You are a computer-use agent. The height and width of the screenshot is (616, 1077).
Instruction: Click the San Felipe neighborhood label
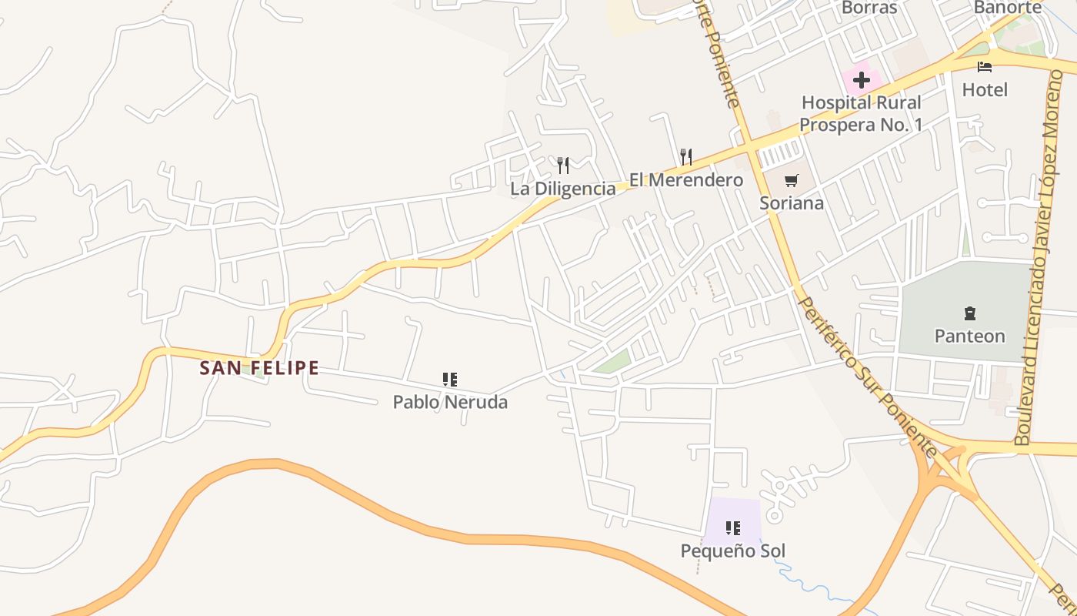[x=259, y=368]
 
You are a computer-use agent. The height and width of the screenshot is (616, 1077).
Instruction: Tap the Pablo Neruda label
[x=450, y=402]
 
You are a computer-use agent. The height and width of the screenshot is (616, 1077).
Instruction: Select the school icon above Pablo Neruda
[x=450, y=379]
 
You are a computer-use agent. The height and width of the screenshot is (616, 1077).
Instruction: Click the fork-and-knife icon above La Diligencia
[x=563, y=165]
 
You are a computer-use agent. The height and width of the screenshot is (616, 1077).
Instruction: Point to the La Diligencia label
[x=563, y=189]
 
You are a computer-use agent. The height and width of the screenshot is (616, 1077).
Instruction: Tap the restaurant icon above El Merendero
[x=686, y=157]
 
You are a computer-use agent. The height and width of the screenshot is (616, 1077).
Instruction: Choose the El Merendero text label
[x=686, y=180]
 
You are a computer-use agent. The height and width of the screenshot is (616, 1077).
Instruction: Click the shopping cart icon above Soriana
[x=791, y=181]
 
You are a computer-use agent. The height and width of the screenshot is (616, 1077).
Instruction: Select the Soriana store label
[x=792, y=203]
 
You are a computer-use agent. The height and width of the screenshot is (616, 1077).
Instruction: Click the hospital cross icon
[x=861, y=79]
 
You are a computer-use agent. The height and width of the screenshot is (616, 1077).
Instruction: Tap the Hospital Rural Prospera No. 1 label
[x=861, y=113]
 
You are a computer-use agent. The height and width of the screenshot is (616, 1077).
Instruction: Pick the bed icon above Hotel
[x=985, y=67]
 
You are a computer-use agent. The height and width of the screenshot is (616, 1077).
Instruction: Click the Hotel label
[x=985, y=90]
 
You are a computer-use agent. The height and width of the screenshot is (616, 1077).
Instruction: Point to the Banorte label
[x=1007, y=8]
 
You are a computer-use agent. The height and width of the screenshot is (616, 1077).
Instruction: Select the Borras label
[x=869, y=8]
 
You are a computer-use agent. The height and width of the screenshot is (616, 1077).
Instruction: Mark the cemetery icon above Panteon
[x=969, y=313]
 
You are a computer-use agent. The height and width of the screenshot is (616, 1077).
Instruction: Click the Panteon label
[x=969, y=336]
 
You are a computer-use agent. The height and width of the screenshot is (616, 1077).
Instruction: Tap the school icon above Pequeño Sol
[x=732, y=528]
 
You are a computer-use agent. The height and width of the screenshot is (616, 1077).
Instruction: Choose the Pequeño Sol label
[x=732, y=551]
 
